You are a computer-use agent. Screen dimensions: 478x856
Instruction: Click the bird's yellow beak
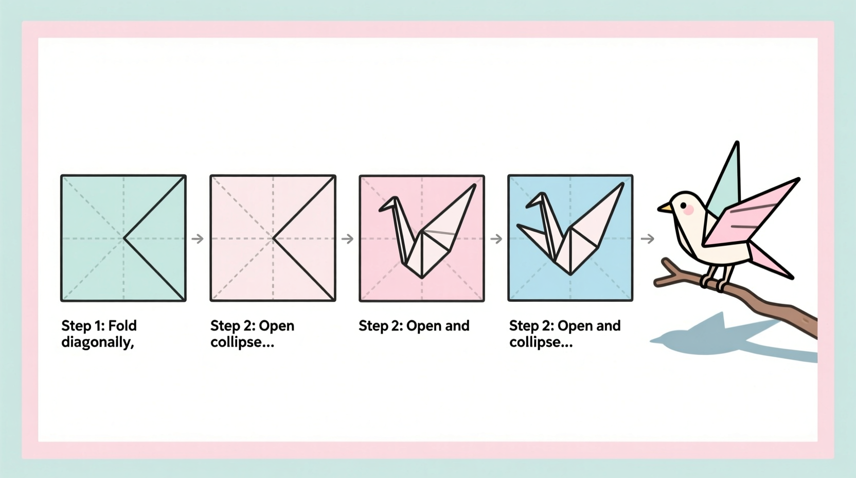tap(664, 208)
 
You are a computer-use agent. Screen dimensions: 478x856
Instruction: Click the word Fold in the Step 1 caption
tap(123, 326)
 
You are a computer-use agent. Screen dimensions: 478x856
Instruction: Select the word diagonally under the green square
tap(97, 342)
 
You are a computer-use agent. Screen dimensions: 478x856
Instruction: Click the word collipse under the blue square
tap(540, 342)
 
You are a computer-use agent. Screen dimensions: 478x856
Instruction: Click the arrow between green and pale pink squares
tap(198, 238)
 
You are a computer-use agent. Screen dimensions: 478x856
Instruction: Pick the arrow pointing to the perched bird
tap(647, 238)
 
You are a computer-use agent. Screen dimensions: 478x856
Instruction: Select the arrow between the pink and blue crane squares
tap(496, 238)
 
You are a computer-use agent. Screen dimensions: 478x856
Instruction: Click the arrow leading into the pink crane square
tap(347, 238)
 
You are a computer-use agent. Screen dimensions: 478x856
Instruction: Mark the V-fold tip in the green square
tap(125, 238)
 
